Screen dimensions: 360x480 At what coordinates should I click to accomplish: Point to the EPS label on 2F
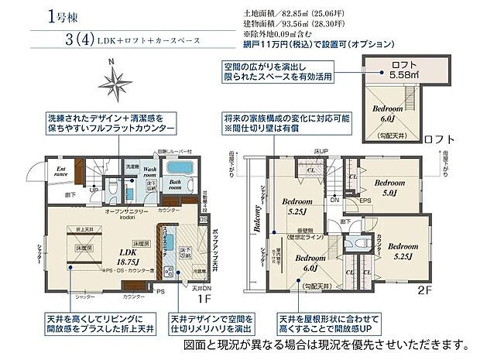pyautogui.click(x=365, y=203)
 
